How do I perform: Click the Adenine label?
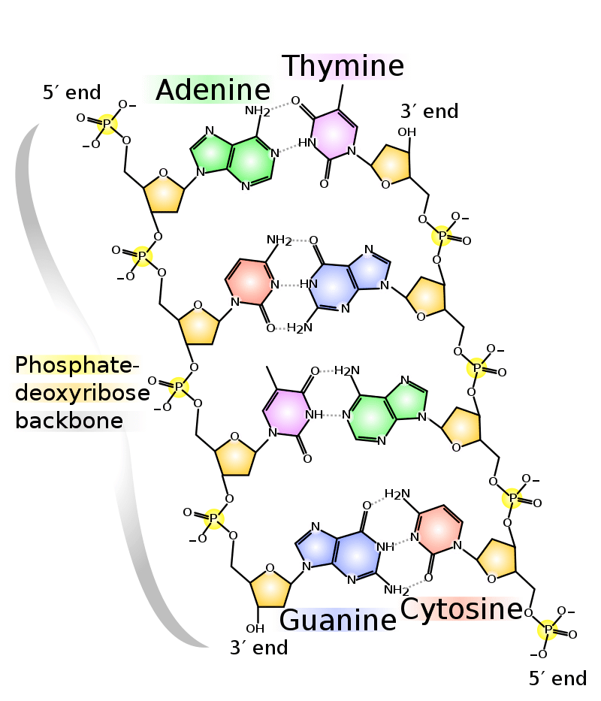pos(212,91)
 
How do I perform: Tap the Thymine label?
pos(343,67)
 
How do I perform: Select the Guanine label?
pos(338,620)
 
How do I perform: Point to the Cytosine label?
pos(461,609)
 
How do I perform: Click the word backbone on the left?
pos(69,420)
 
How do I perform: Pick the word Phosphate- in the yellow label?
pos(77,365)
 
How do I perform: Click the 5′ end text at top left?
pos(71,93)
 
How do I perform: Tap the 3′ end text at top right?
pos(429,112)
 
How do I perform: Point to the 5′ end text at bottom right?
pos(557,678)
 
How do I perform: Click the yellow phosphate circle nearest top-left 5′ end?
pos(107,123)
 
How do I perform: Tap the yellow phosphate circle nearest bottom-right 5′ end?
pos(548,629)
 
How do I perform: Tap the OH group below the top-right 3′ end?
pos(406,133)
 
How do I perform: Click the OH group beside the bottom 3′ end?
pos(255,628)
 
